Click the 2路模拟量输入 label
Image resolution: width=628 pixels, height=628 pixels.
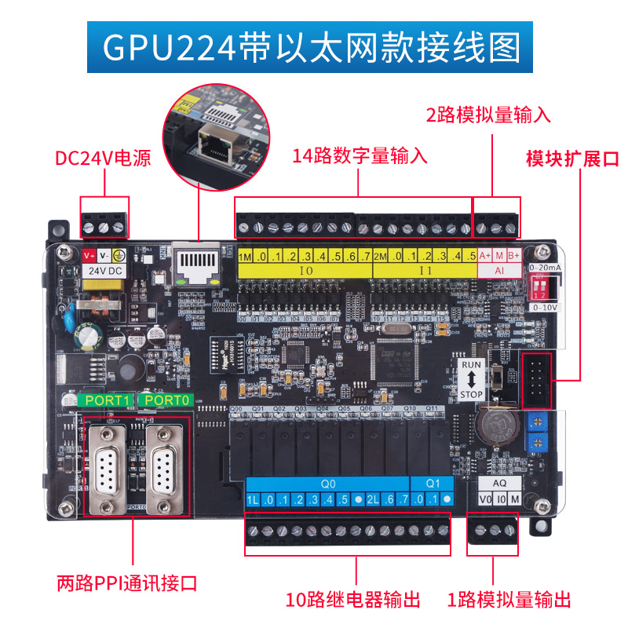[487, 114]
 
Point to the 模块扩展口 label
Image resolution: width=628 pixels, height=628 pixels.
[572, 159]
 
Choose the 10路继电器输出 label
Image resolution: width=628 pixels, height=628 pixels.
[352, 600]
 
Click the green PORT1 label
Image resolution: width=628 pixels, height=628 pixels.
[107, 400]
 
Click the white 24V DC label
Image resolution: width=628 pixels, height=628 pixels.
[104, 270]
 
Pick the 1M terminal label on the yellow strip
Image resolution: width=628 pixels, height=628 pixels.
[245, 257]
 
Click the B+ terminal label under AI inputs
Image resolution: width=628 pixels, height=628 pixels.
[513, 256]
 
